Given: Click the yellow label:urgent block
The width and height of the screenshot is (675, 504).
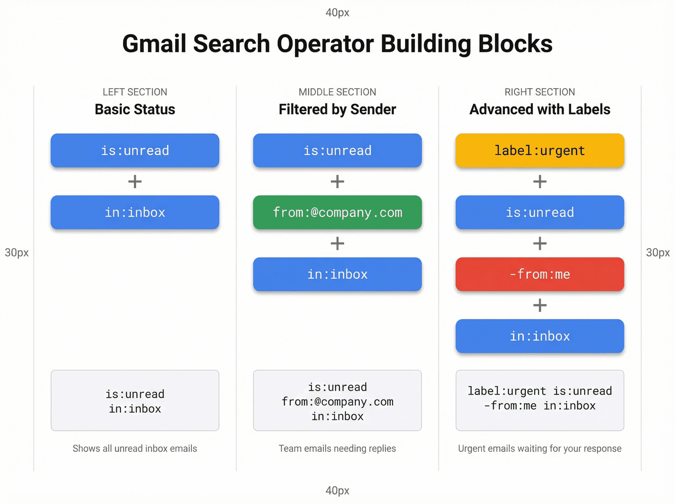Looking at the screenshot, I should point(540,150).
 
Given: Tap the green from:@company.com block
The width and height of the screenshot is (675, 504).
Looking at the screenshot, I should point(337,212).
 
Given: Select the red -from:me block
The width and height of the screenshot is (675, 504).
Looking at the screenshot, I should point(540,274).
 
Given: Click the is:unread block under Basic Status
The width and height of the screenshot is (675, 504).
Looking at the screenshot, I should point(135,150).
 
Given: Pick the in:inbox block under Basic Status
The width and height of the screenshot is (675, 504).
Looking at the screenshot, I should point(135,212).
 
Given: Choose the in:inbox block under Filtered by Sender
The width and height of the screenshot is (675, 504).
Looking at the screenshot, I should point(337,274).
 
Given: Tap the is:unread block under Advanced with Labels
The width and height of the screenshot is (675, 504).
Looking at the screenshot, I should point(540,212).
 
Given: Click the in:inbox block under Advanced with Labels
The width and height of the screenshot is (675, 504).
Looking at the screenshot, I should point(540,336).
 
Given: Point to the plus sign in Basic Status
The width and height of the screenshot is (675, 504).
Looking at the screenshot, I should point(135,181).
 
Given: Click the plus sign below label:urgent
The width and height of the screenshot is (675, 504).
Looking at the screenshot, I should point(540,181).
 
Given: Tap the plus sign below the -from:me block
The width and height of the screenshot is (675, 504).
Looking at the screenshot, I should point(540,305).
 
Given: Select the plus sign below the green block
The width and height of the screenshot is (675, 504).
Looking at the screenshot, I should point(337,243).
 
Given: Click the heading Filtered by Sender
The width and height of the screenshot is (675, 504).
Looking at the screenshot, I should point(337,109).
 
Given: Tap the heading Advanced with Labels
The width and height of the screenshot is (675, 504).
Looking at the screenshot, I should point(540,109).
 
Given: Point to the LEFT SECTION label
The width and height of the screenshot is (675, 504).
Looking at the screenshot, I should point(135,92).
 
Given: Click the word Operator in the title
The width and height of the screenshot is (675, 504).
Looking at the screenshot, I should point(325,44).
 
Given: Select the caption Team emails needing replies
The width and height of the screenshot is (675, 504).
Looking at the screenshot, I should point(337,448).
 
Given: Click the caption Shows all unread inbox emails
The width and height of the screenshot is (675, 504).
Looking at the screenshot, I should point(135,448).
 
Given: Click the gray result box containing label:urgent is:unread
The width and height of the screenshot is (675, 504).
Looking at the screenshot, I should point(540,400).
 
